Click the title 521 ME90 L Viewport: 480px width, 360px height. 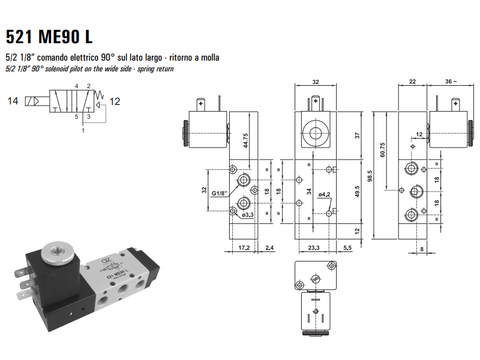coord(49,37)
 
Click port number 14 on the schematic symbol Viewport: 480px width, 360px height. coord(13,101)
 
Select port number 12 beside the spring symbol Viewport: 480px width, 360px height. coord(115,101)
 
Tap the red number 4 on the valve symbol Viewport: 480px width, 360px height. coord(76,86)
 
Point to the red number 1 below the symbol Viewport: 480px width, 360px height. coord(83,130)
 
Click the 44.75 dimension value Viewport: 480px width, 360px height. coord(245,140)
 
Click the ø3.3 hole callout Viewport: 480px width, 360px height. coord(248,214)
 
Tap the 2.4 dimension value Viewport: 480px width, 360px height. coord(269,247)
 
